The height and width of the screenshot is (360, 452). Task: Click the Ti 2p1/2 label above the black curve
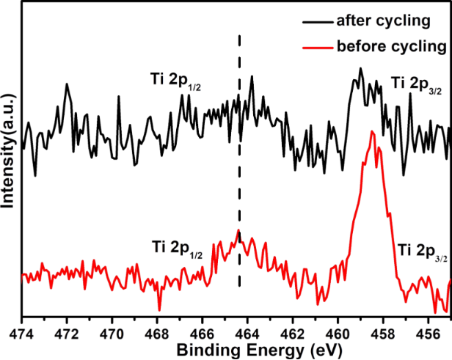[174, 81]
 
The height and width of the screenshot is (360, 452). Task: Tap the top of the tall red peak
[373, 131]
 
